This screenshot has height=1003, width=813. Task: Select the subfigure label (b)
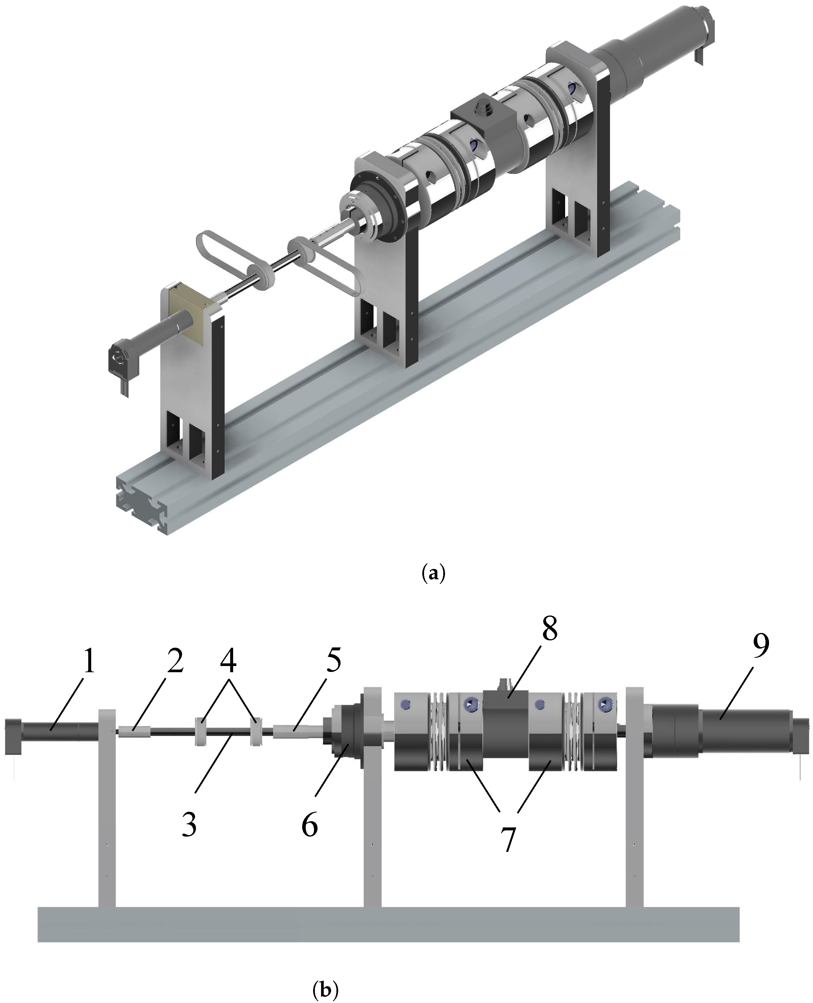[x=325, y=986]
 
